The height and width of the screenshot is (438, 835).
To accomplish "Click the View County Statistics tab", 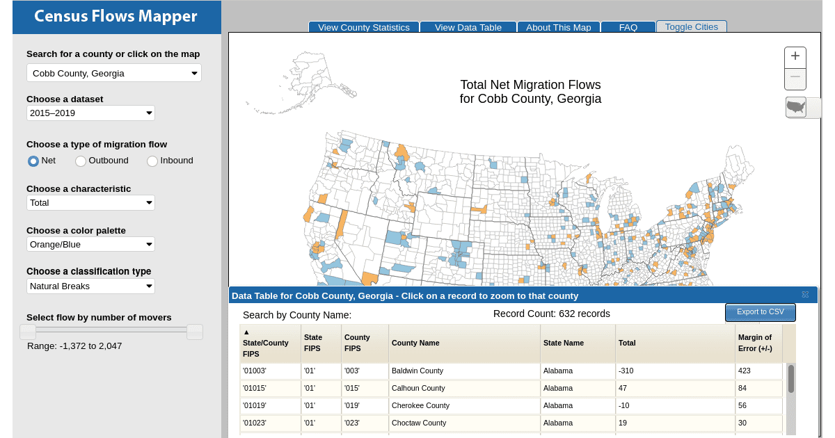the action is (x=364, y=27).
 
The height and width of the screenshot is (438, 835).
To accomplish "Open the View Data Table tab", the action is (x=468, y=27).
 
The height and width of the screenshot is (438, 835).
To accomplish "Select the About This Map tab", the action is (x=558, y=27).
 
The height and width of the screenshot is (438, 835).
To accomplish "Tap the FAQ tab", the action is (x=628, y=27).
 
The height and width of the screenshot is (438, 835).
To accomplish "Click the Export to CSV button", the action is (x=761, y=312).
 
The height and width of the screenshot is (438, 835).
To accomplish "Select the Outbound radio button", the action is (x=81, y=161).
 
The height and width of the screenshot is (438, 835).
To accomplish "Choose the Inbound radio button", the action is (x=152, y=161).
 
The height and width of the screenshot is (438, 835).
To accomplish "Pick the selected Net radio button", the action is (x=33, y=161).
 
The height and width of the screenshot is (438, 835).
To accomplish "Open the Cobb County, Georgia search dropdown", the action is (x=114, y=73).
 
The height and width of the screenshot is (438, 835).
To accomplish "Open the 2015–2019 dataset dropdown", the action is (x=90, y=113).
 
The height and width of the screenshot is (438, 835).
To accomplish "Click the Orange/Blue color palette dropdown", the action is (x=90, y=244).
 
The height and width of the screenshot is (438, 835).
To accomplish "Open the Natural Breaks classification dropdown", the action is (x=90, y=286).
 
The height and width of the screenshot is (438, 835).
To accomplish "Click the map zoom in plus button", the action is (x=795, y=56).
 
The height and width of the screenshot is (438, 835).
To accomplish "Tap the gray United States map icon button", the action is (x=796, y=107).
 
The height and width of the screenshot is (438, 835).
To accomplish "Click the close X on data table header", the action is (x=805, y=295).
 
